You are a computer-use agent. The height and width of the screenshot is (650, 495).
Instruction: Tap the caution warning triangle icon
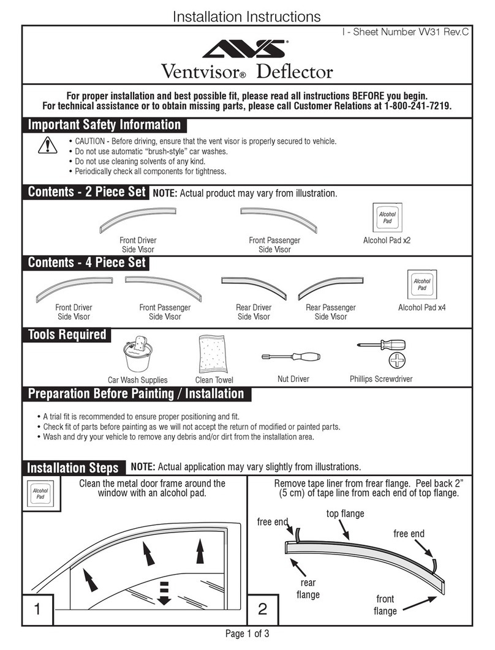(47, 146)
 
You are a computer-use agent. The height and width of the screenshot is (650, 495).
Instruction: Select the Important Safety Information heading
(105, 125)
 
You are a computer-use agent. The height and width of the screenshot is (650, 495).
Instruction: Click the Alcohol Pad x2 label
(387, 241)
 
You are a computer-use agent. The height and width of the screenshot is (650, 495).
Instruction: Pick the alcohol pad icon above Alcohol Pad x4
(421, 284)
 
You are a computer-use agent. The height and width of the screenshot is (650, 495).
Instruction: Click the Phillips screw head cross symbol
(396, 360)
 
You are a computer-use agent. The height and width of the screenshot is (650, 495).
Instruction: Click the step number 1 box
(37, 609)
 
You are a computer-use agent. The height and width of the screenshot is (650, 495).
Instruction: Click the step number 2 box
(262, 609)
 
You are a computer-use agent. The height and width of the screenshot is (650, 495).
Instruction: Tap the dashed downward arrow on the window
(164, 592)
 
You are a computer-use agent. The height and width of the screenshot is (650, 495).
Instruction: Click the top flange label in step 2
(345, 514)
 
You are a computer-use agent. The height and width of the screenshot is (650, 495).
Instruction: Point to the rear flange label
(308, 588)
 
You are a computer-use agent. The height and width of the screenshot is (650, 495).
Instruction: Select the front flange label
(385, 605)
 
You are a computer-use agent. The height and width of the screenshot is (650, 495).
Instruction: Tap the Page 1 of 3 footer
(247, 634)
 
